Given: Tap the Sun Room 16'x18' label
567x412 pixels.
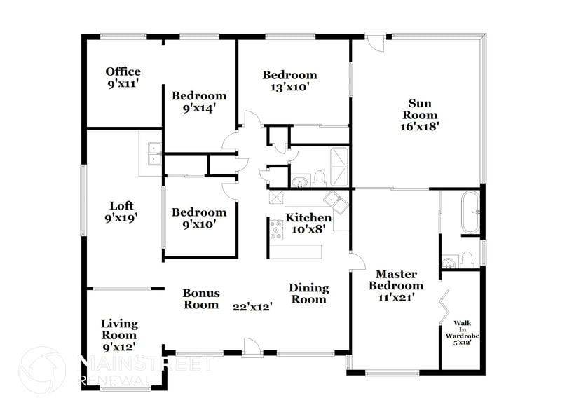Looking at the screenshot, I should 418,116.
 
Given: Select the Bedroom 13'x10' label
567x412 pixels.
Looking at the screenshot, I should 289,81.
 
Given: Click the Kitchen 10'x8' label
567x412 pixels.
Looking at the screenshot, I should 308,224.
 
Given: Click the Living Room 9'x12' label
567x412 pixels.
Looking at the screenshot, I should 118,335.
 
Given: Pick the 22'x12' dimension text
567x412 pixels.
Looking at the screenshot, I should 252,306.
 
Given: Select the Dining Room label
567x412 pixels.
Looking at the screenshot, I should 308,294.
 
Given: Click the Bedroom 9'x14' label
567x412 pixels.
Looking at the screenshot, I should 199,102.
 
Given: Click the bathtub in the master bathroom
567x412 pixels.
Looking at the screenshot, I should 469,212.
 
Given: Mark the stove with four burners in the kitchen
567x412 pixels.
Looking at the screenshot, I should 275,229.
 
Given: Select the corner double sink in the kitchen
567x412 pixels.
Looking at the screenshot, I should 338,203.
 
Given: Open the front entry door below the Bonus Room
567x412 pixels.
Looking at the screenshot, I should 251,347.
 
